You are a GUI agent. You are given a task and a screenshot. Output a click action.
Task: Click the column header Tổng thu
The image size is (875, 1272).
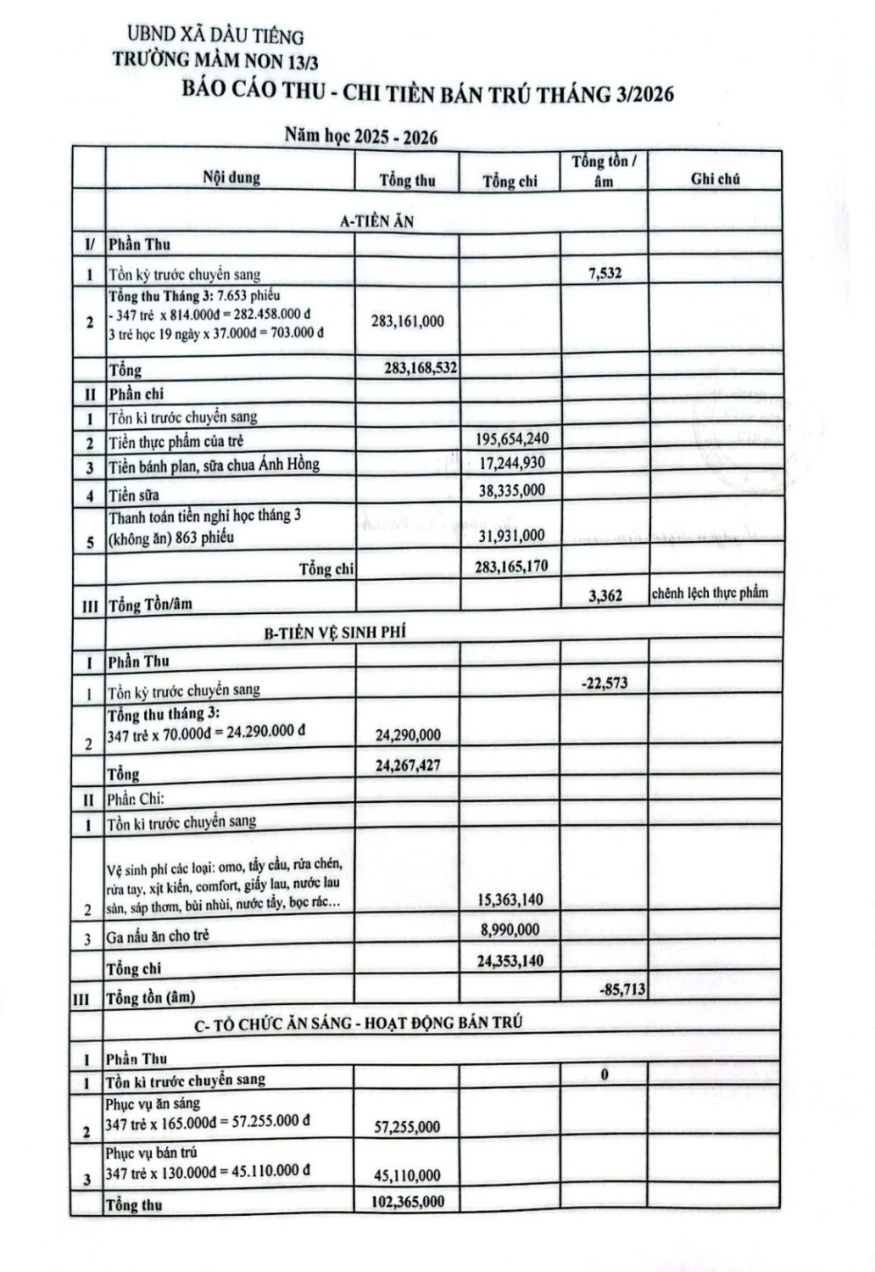tap(407, 180)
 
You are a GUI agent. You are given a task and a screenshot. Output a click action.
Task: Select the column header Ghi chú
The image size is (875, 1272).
tap(715, 178)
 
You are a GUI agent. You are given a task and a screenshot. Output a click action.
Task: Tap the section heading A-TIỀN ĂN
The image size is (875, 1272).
tap(376, 221)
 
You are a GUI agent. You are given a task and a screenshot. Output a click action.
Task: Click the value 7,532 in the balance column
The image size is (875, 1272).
tap(604, 273)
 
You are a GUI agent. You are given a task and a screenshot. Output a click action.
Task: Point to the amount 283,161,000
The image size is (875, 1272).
tap(407, 321)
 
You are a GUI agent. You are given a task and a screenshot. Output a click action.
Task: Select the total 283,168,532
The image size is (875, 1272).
tap(421, 368)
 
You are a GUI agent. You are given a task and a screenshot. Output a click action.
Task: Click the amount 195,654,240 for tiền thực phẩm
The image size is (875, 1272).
tap(511, 438)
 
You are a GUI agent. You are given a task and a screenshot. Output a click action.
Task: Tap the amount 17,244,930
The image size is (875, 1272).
tap(511, 463)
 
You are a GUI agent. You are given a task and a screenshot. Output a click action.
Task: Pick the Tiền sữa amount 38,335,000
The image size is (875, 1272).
tap(511, 490)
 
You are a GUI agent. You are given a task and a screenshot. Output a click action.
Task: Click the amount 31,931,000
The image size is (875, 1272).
tap(511, 535)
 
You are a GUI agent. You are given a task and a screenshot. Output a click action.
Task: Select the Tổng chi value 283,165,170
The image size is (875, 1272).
tap(511, 566)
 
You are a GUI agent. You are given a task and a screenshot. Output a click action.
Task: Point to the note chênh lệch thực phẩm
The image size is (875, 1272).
tap(710, 593)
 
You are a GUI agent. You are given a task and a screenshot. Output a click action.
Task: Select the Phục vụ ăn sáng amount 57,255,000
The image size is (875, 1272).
tap(407, 1127)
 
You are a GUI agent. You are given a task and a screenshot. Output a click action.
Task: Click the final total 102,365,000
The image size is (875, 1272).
tap(407, 1202)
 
